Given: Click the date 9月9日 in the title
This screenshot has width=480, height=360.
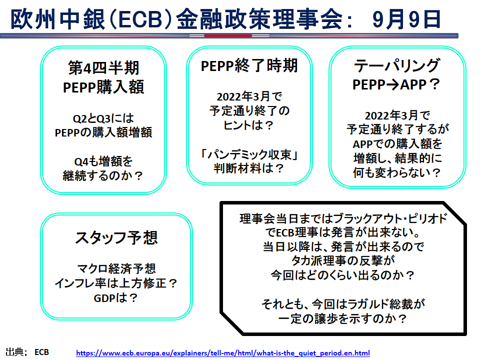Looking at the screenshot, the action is (407, 19).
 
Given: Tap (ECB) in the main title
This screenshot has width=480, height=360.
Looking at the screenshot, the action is (140, 19).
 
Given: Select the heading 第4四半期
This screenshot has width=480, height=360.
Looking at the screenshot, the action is (103, 67).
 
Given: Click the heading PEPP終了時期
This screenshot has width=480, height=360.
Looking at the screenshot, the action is (249, 65).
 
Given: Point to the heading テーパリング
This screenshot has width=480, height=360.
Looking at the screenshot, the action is (397, 65).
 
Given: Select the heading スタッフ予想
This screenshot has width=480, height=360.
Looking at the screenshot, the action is (116, 237).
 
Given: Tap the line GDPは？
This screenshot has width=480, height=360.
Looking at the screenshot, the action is (115, 297).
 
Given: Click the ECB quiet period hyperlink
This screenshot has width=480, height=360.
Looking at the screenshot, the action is (223, 353).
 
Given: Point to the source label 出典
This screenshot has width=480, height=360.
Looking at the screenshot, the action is (14, 352).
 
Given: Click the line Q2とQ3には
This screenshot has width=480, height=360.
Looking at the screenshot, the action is (103, 118).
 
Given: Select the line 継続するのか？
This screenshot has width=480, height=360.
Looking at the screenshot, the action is (103, 175).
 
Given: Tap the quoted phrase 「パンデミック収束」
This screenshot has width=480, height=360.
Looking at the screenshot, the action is (249, 154).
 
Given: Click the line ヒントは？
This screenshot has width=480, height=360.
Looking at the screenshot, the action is (248, 125).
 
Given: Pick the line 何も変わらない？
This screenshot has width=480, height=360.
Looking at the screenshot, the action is (397, 172).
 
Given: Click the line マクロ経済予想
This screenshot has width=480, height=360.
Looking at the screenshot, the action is (116, 268).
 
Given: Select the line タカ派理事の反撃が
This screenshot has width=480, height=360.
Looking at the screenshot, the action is (343, 260).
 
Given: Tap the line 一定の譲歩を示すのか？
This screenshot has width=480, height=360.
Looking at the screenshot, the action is (343, 318).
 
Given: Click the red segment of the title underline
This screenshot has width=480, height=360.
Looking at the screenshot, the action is (228, 36).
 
